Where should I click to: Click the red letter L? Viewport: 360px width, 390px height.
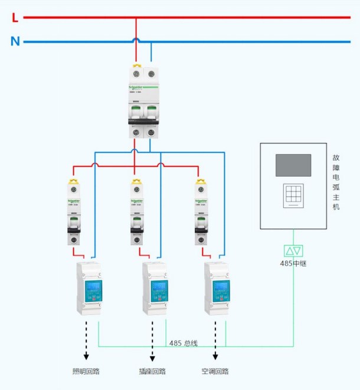point(15,18)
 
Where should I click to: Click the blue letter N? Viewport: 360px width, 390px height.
point(15,41)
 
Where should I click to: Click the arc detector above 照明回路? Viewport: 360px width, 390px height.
point(89,288)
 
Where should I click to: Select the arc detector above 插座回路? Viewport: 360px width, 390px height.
point(155,288)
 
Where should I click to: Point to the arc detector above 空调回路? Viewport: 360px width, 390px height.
point(217,288)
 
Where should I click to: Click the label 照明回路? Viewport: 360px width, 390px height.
point(86,372)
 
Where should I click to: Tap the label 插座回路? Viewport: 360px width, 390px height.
point(152,372)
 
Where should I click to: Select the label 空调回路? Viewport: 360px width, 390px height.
point(215,372)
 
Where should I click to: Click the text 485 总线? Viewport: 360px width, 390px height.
point(183,343)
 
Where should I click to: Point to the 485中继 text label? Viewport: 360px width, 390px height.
point(293,264)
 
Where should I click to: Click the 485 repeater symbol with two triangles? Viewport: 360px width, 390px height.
point(293,251)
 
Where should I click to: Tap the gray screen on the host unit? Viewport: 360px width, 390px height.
point(293,165)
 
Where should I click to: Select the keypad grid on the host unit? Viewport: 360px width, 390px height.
point(293,195)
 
